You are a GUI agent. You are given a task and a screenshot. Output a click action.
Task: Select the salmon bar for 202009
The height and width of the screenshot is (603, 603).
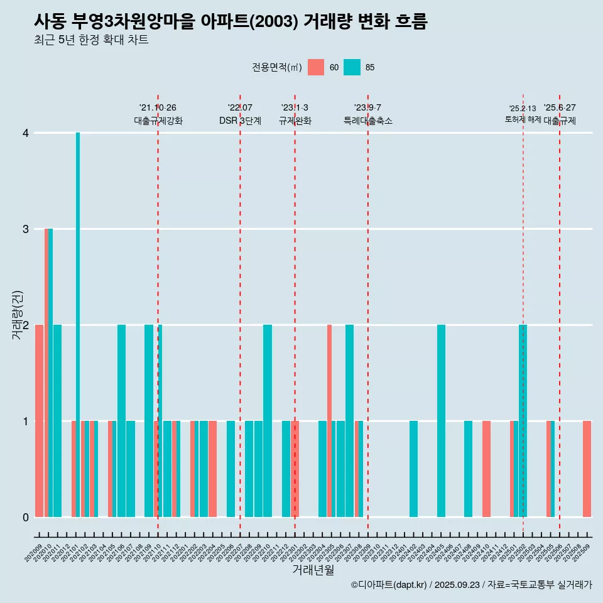point(39,421)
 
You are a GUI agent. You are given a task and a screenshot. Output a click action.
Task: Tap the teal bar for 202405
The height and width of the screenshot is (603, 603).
point(441,421)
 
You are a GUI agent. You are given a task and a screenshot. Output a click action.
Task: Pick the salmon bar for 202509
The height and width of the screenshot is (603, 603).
point(587,469)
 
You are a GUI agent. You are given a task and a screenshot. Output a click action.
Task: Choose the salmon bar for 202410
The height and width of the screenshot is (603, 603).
point(486,469)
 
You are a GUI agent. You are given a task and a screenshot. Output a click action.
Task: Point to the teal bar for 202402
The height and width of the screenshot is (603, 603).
point(413,469)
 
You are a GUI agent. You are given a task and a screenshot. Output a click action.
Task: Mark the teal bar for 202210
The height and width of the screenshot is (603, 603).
point(268,421)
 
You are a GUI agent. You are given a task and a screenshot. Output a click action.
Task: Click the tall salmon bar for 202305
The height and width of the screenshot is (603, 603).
point(329,421)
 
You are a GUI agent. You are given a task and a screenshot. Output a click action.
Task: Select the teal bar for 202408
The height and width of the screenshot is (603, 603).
point(468,469)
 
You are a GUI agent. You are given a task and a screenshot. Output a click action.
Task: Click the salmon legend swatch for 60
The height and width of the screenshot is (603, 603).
point(316,67)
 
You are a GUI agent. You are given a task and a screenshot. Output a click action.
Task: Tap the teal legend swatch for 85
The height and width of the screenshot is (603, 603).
point(352,67)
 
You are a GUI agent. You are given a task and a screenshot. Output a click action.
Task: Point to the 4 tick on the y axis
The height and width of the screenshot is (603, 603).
point(25,133)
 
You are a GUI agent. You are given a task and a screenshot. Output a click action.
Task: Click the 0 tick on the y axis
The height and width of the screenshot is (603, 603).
point(25,518)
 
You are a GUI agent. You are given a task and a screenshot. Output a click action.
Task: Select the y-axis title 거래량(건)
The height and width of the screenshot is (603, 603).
point(17,314)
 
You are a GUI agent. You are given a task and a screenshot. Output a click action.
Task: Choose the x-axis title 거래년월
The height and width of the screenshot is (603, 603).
point(313,570)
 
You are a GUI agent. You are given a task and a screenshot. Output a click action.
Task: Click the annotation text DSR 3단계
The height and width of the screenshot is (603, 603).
point(240,121)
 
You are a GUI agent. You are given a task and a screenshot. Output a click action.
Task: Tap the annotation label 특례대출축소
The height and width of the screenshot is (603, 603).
point(367,121)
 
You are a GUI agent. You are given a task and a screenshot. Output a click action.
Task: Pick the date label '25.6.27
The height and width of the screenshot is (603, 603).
point(560,107)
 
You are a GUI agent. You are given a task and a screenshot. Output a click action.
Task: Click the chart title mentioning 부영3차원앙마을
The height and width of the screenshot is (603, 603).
point(231,22)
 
